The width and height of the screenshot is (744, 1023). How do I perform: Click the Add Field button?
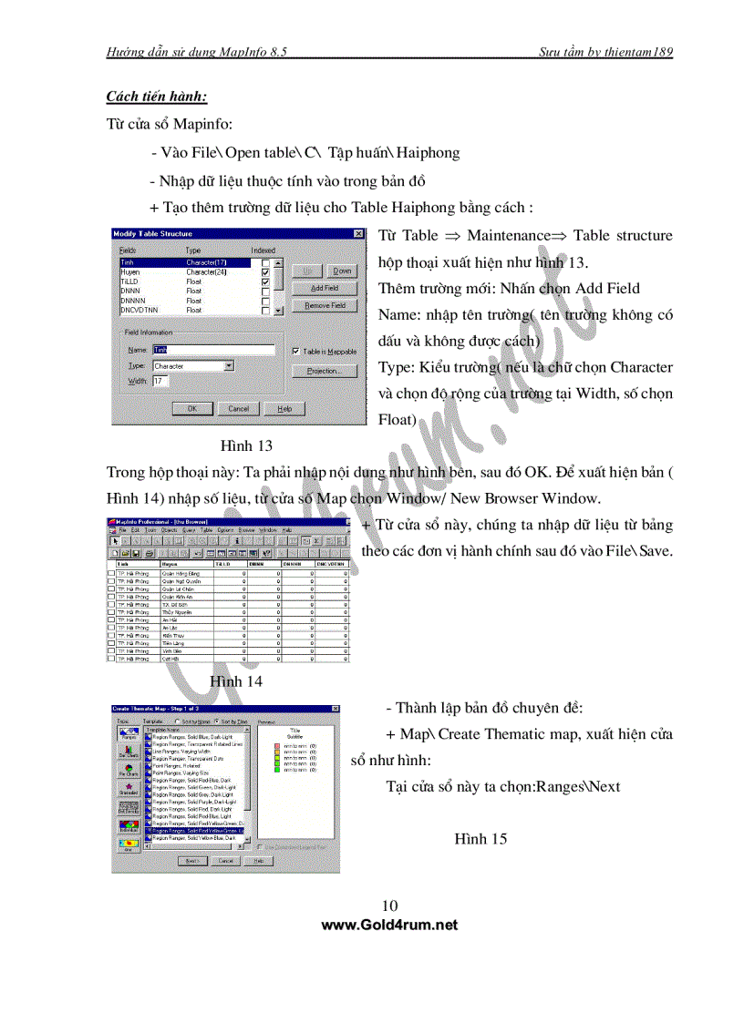[x=324, y=288]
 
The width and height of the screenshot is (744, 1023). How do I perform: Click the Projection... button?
[x=324, y=371]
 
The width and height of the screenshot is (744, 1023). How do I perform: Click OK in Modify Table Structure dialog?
[x=192, y=409]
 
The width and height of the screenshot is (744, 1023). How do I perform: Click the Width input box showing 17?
[x=160, y=381]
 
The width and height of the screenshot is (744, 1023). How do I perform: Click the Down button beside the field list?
[x=341, y=271]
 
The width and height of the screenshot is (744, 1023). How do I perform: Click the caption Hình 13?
[x=246, y=446]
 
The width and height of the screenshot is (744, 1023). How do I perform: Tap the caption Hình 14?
[x=236, y=680]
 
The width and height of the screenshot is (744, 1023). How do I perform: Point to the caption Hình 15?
[x=480, y=838]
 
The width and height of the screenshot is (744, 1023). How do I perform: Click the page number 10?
[x=389, y=905]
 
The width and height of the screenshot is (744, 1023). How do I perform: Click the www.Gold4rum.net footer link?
[x=389, y=925]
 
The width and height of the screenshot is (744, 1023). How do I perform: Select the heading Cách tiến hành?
[x=156, y=96]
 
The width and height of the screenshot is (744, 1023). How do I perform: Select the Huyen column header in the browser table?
[x=169, y=564]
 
